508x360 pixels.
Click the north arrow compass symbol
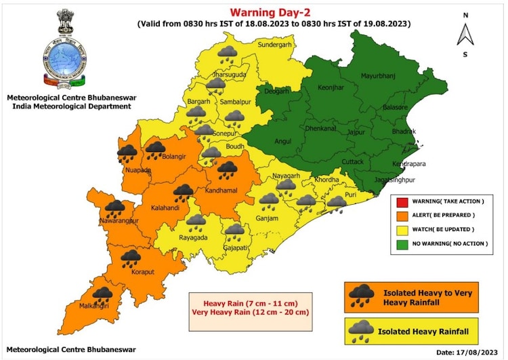465,33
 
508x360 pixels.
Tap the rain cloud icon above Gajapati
235,231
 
